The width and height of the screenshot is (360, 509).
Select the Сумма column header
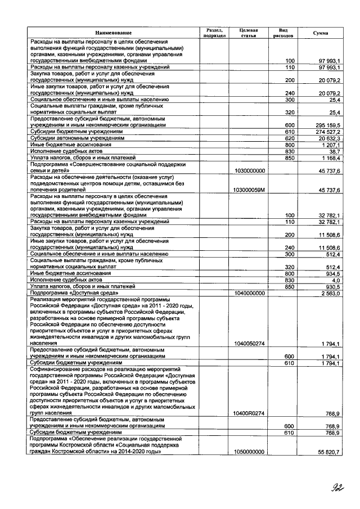pyautogui.click(x=321, y=33)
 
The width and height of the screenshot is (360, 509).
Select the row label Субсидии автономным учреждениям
pyautogui.click(x=78, y=138)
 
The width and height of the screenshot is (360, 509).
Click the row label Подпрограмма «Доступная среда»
pyautogui.click(x=73, y=293)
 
